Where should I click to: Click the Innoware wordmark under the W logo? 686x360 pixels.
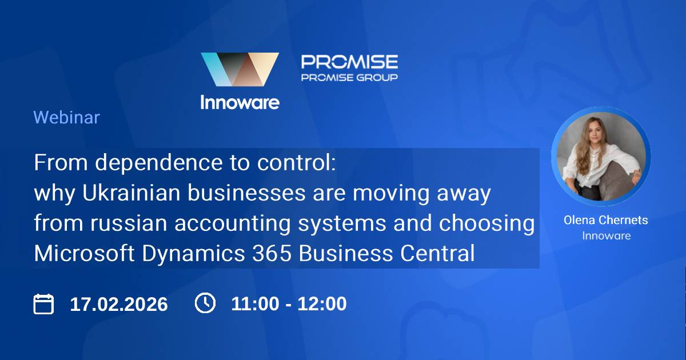[x=240, y=102]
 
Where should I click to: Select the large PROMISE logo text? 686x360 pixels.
[x=349, y=62]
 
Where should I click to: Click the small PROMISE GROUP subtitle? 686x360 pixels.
[x=349, y=77]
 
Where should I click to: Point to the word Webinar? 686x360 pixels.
[x=66, y=118]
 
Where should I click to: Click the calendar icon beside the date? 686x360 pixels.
[x=43, y=303]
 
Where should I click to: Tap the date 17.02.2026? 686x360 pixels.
[x=119, y=304]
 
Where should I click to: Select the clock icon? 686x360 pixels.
[x=205, y=303]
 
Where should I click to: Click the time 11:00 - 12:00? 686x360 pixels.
[x=289, y=303]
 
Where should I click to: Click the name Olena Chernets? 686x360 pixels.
[x=605, y=220]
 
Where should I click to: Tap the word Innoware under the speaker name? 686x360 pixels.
[x=606, y=235]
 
